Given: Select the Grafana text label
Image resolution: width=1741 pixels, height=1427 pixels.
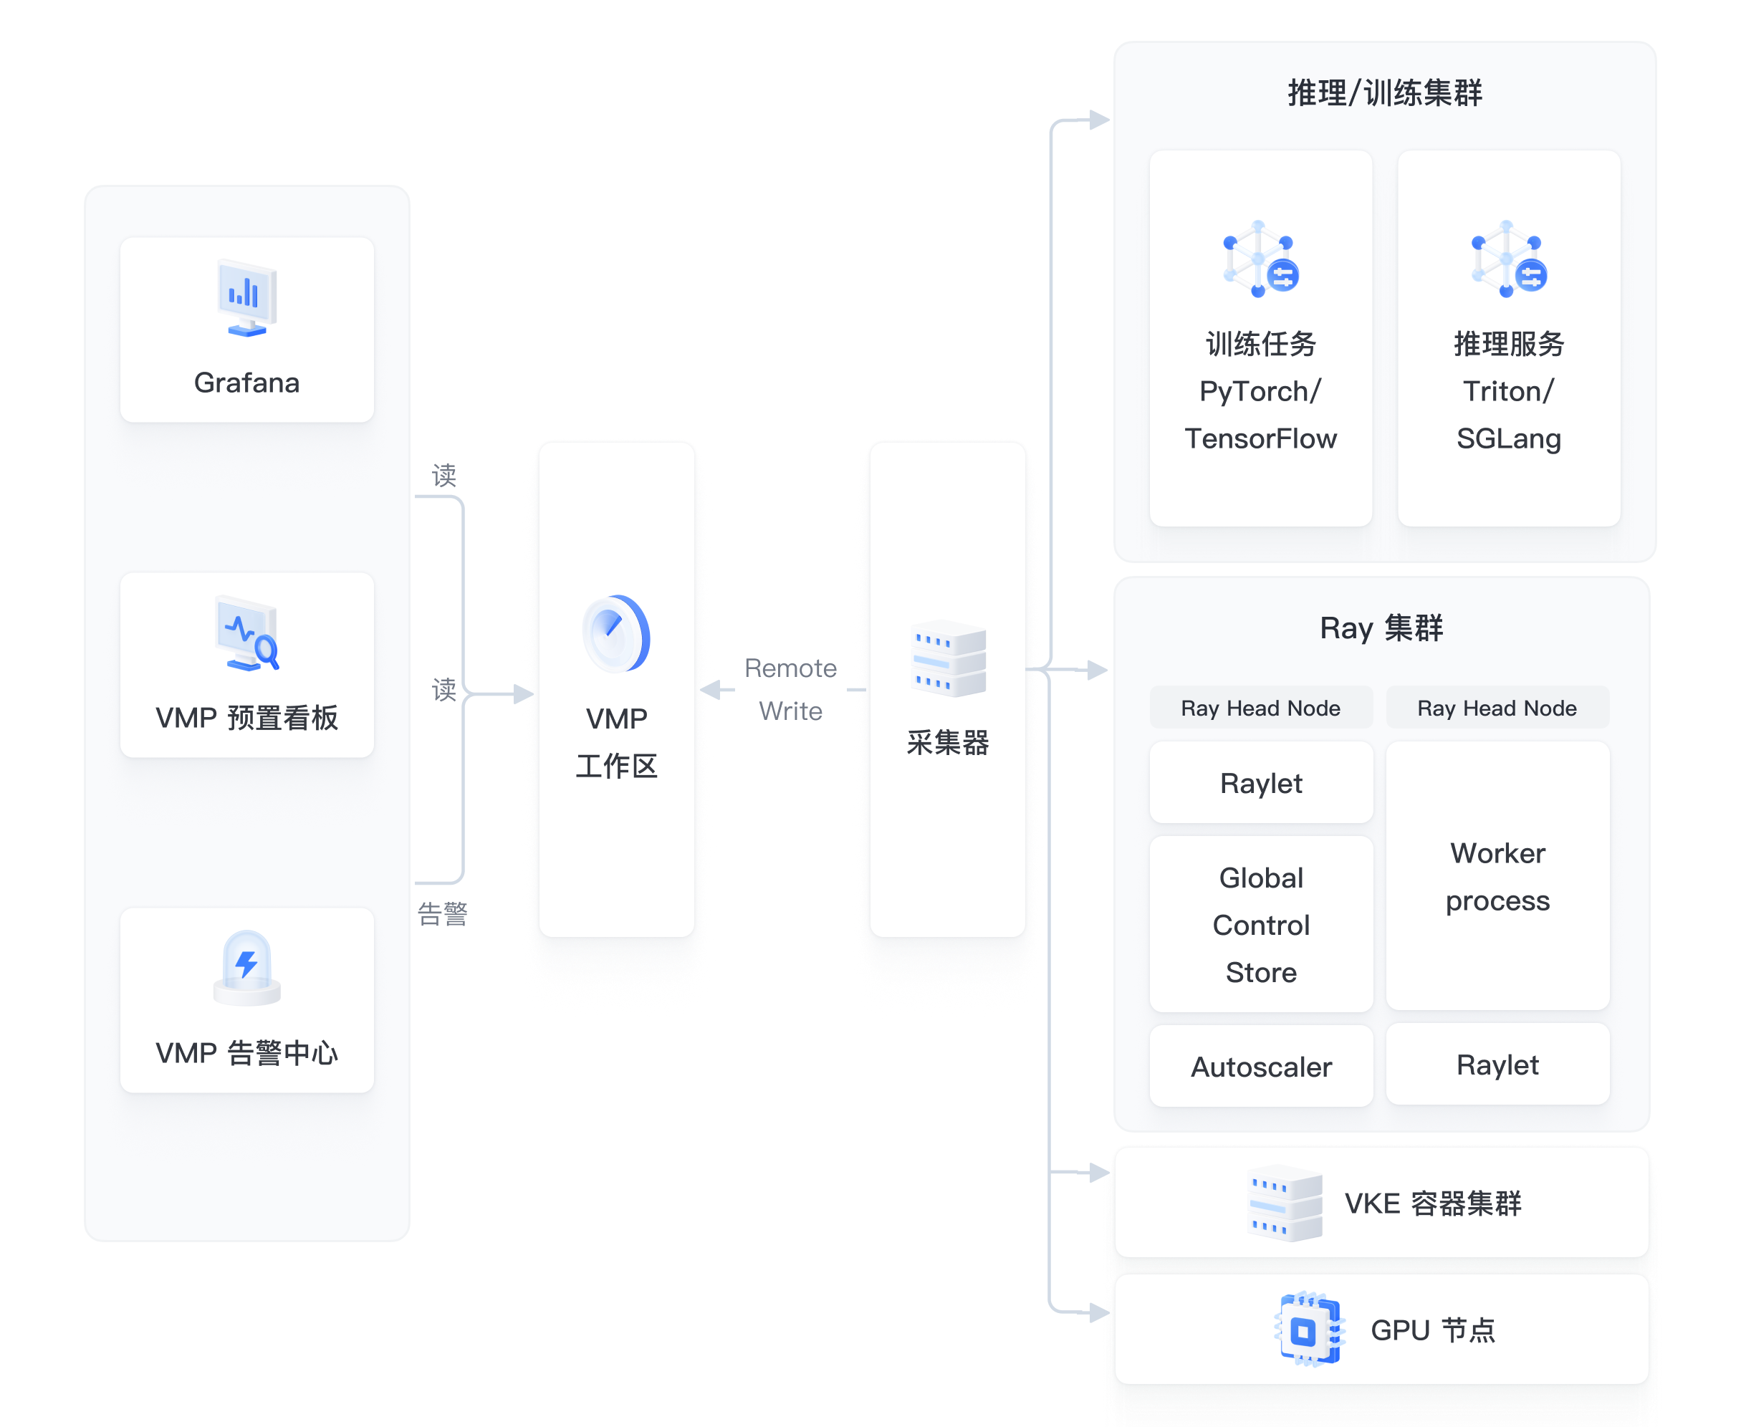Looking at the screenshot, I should tap(246, 383).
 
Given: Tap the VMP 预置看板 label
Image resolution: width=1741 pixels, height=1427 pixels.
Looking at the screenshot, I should tap(246, 718).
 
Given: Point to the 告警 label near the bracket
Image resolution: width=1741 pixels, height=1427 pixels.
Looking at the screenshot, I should tap(442, 913).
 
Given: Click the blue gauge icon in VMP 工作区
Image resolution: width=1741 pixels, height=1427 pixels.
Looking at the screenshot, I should tap(615, 634).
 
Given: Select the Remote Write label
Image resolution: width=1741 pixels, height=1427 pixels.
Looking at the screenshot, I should tap(790, 689).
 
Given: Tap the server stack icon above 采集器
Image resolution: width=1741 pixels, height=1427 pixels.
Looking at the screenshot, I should tap(948, 659).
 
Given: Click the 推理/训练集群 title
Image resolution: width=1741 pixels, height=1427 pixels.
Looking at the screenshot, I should tap(1384, 93).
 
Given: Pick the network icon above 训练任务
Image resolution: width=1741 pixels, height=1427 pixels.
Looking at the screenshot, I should tap(1260, 259).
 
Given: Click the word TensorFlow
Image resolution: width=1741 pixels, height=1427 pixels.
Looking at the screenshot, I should tap(1260, 439).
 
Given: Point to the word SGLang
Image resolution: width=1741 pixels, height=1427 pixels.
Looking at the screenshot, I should tap(1508, 439).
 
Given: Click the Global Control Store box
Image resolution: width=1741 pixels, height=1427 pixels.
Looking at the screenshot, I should tap(1261, 925).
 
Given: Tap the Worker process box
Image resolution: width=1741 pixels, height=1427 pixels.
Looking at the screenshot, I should tap(1497, 876).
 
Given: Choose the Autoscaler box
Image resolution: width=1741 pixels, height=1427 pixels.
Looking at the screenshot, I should tap(1261, 1067).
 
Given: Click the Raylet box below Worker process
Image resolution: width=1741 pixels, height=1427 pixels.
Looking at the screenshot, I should tap(1497, 1065).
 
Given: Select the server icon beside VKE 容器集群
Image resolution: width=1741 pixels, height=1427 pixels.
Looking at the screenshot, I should tap(1285, 1203).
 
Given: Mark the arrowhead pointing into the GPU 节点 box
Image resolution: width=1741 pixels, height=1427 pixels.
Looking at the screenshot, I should tap(1099, 1313).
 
